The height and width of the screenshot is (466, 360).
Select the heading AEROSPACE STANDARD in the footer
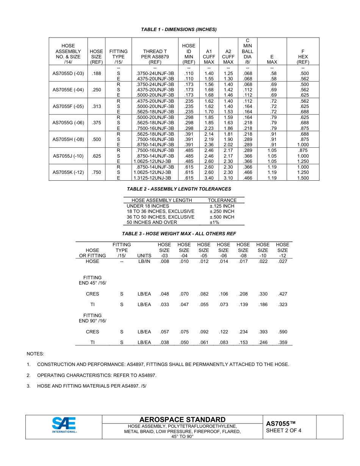click(182, 419)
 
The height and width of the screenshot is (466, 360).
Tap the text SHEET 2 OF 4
click(283, 430)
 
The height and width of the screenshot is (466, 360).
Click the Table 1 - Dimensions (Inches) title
click(179, 30)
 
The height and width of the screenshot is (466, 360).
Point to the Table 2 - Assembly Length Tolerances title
click(179, 189)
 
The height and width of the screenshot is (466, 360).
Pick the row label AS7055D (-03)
click(68, 73)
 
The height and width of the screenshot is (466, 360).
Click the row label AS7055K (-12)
click(68, 172)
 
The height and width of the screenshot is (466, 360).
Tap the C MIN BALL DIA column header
click(247, 51)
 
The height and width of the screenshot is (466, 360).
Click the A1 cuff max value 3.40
click(209, 178)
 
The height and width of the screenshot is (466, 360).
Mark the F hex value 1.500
click(303, 178)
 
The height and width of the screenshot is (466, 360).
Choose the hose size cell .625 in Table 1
click(97, 156)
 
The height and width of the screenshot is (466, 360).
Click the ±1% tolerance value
click(214, 222)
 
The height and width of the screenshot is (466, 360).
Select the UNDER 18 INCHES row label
click(148, 206)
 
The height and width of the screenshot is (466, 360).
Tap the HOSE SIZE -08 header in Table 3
click(243, 250)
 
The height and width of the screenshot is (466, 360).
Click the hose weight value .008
click(164, 261)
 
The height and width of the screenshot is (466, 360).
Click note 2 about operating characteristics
click(97, 375)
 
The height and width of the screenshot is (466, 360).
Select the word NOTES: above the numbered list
click(35, 353)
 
